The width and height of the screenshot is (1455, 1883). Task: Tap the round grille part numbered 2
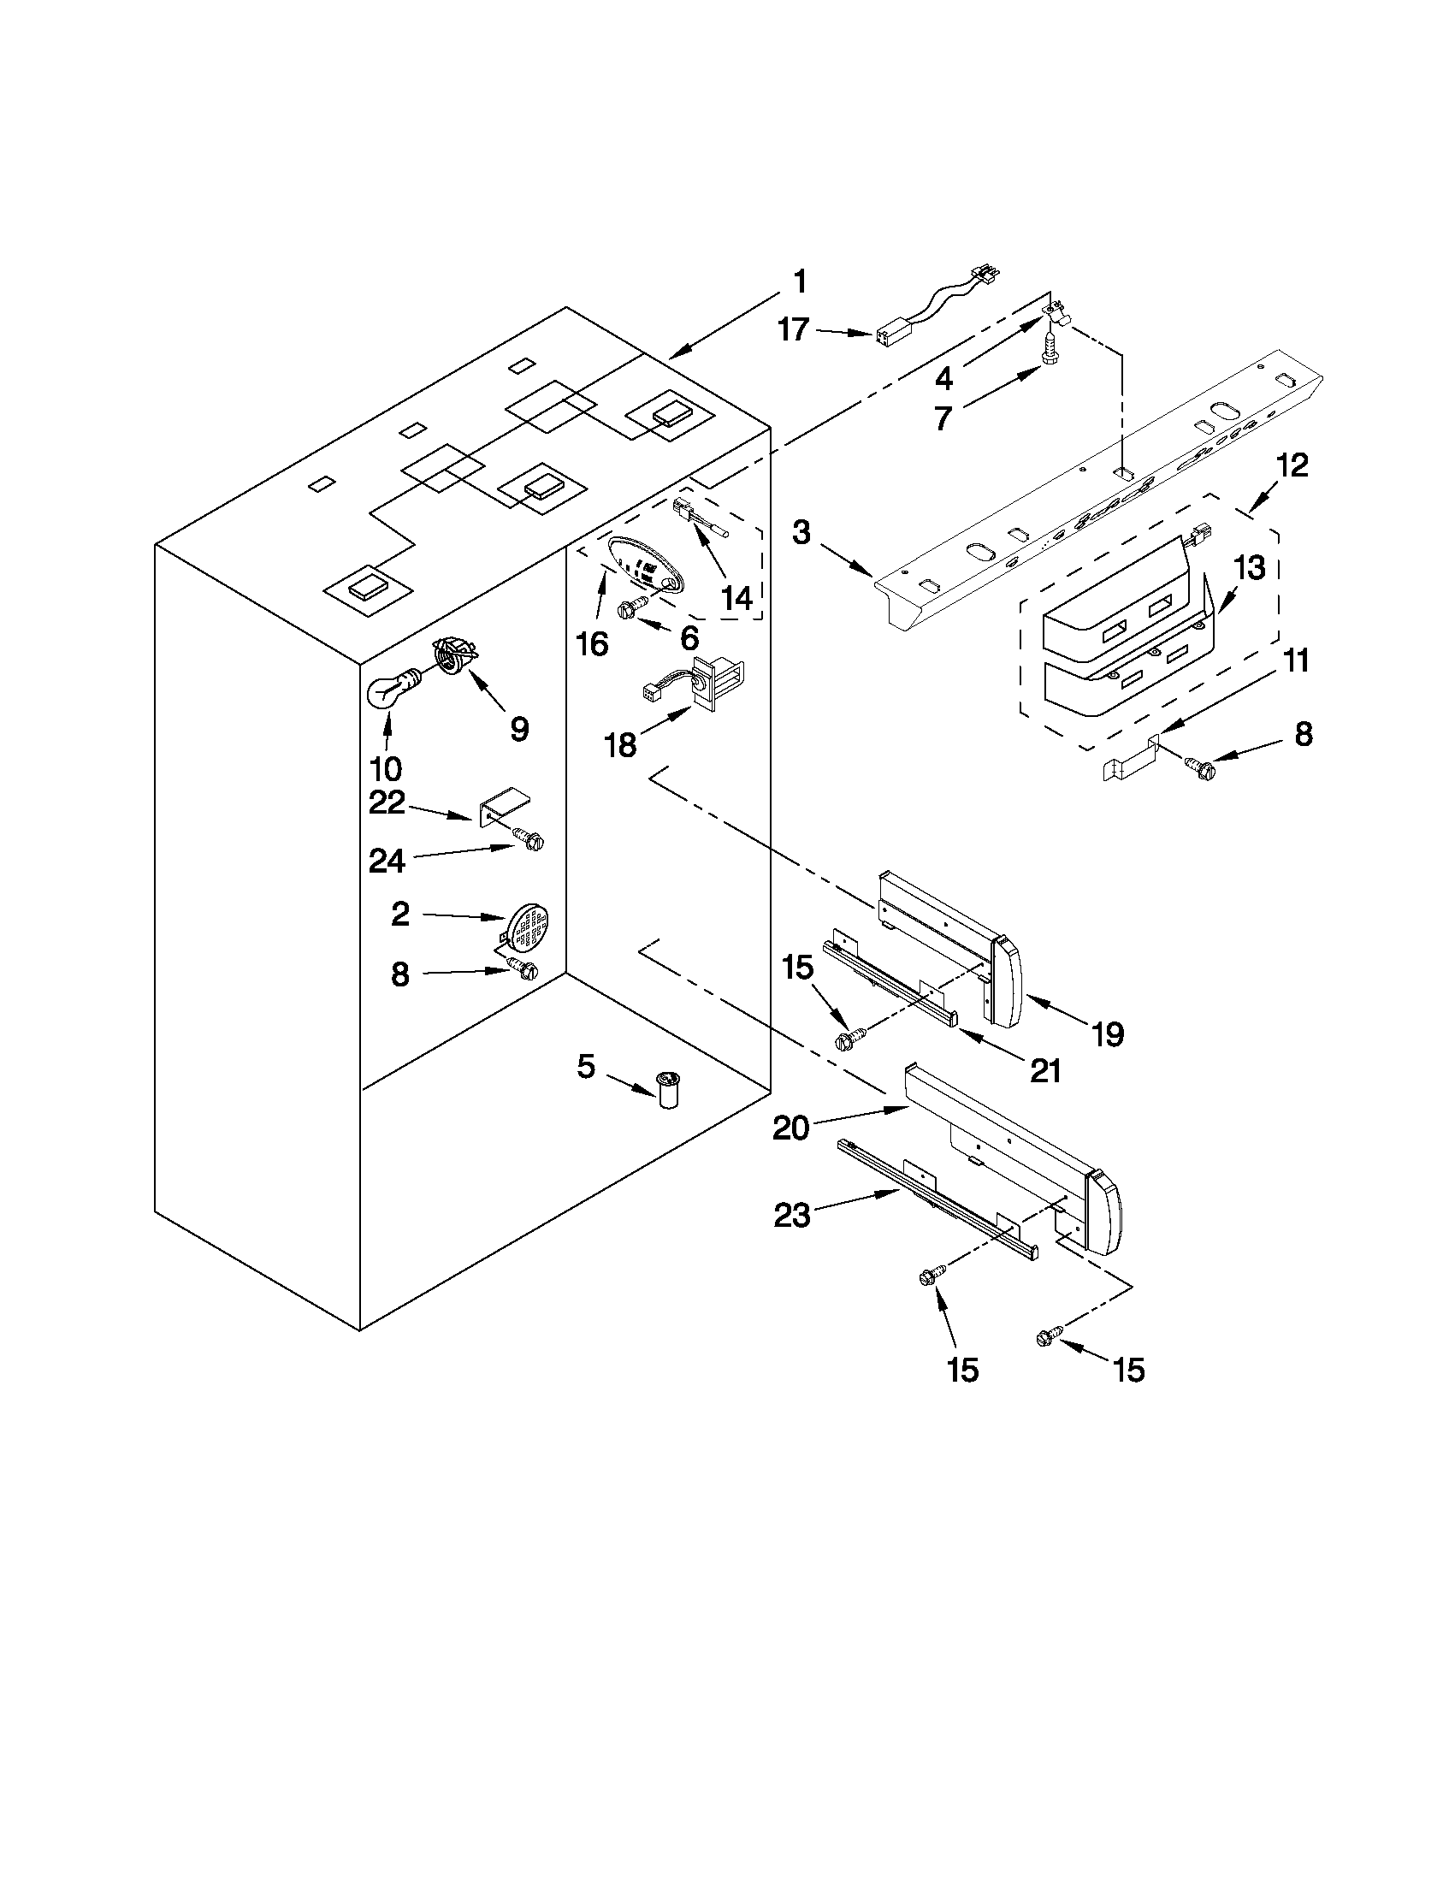tap(529, 926)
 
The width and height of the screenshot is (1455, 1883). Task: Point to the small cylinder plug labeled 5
tap(667, 1089)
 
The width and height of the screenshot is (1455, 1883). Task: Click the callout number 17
tap(794, 329)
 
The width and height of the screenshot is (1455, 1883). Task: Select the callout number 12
tap(1292, 466)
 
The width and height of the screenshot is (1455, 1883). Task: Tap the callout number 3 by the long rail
tap(801, 533)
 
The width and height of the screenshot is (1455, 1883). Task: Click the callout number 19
tap(1109, 1033)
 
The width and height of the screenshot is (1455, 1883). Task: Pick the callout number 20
tap(790, 1126)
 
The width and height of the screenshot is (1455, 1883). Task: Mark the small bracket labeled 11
tap(1131, 758)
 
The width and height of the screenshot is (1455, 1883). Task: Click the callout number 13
tap(1249, 568)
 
